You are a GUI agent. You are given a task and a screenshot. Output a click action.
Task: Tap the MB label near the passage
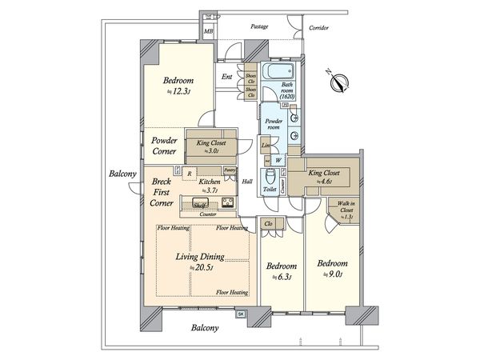(209, 31)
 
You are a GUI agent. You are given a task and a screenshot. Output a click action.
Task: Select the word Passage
(258, 27)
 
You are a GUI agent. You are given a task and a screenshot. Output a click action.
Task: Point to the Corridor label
(320, 27)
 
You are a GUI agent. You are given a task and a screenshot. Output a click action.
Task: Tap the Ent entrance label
(228, 77)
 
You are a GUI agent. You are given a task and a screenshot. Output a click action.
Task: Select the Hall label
(247, 181)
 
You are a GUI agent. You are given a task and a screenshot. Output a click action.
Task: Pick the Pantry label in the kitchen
(230, 170)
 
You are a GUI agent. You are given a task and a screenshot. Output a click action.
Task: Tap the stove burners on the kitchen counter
(227, 202)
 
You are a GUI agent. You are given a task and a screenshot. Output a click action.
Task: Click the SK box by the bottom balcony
(241, 314)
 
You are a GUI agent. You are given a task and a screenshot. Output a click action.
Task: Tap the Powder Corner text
(164, 145)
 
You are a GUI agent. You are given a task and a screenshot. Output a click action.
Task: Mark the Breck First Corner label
(163, 193)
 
